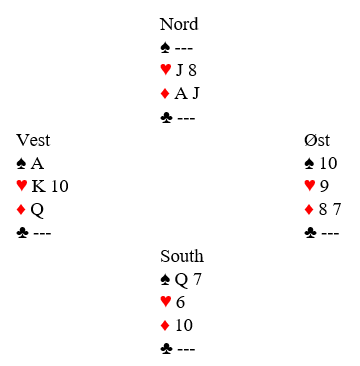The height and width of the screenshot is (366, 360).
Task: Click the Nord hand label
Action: (179, 24)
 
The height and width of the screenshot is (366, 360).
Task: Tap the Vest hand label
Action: (33, 140)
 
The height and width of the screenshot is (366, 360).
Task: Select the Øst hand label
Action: (317, 140)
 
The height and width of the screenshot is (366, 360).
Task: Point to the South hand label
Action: (182, 256)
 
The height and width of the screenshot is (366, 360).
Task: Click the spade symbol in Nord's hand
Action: (166, 48)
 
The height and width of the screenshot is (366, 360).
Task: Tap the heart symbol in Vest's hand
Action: (22, 186)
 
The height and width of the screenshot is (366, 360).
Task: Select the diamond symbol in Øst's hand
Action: (309, 210)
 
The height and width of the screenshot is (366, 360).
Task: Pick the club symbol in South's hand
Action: (166, 349)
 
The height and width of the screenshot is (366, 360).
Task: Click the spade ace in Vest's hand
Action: (37, 164)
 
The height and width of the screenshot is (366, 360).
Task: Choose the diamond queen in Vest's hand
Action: (37, 210)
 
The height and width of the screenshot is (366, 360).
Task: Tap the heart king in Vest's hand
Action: (39, 187)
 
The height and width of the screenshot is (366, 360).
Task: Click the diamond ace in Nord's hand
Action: (181, 94)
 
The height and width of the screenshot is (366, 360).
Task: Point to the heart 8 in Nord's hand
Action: (192, 70)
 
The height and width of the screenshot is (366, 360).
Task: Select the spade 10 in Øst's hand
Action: (328, 163)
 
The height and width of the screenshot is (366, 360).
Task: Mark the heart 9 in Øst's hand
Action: (324, 187)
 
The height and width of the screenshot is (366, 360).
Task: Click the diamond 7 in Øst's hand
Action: (336, 210)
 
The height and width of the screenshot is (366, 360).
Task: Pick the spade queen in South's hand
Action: (181, 280)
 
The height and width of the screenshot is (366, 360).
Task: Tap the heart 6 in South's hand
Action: (180, 303)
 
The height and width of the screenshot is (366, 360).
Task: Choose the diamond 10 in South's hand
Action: (184, 326)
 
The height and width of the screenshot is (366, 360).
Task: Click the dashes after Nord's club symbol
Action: (186, 118)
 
